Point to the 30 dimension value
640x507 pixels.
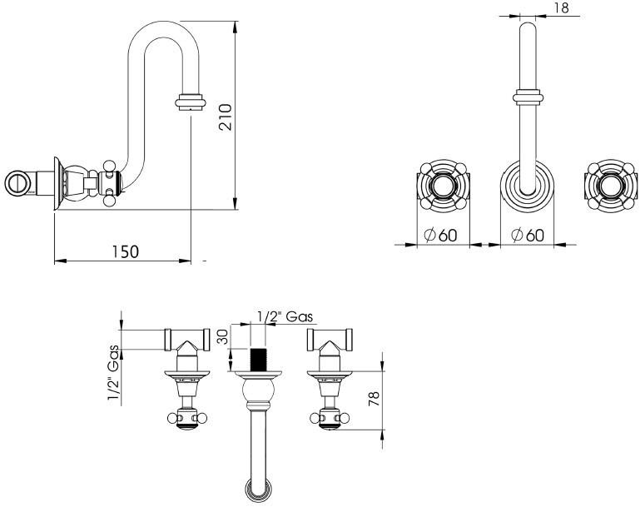[222, 339]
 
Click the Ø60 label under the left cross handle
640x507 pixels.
[440, 235]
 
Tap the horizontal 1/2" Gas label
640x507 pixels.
[284, 316]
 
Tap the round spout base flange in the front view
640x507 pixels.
[528, 189]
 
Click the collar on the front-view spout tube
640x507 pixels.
[528, 97]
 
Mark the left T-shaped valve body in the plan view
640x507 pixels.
[187, 339]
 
